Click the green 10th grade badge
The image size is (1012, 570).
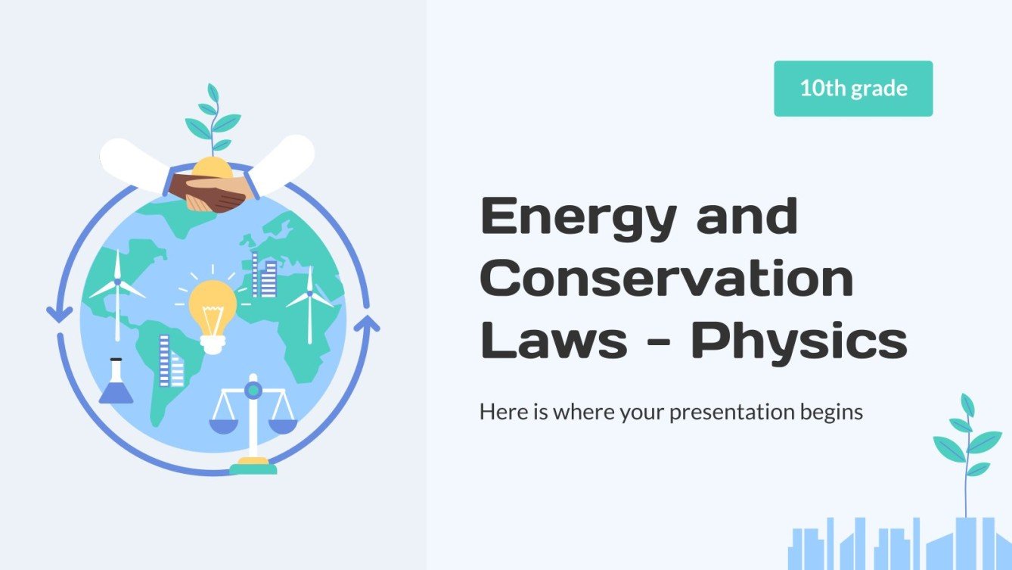click(x=853, y=89)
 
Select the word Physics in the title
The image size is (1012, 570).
click(x=799, y=342)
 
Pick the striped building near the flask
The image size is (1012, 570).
click(x=170, y=362)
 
